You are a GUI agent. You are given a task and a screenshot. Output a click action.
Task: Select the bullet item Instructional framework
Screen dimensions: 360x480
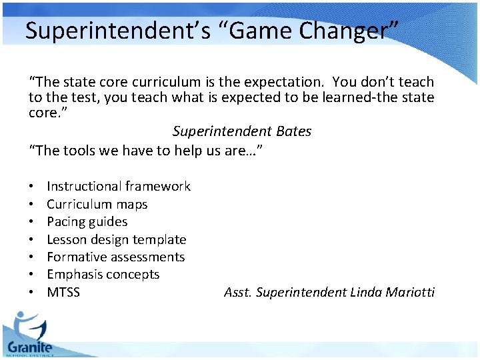(x=119, y=187)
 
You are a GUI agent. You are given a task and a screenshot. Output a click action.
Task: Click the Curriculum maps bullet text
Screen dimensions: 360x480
(x=97, y=204)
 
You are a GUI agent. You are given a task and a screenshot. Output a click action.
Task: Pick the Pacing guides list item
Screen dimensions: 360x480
(x=87, y=222)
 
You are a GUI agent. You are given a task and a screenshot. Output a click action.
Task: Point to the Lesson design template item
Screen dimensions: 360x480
(x=116, y=239)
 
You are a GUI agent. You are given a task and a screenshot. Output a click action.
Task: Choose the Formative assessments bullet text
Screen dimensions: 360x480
(x=115, y=257)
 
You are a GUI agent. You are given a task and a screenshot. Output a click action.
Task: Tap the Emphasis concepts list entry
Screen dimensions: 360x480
(x=103, y=274)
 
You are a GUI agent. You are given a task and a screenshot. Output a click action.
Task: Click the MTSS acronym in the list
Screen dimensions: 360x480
(x=63, y=292)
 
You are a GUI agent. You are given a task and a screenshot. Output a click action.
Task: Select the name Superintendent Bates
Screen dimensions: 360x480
(x=242, y=131)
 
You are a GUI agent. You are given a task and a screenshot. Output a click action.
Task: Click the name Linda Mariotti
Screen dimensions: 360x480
(x=392, y=292)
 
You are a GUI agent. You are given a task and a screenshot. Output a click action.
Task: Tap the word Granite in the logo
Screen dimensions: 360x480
(x=29, y=347)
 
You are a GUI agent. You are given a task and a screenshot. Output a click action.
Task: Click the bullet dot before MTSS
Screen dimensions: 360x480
(x=32, y=292)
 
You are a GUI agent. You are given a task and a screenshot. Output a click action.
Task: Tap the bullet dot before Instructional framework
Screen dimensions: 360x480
(x=32, y=187)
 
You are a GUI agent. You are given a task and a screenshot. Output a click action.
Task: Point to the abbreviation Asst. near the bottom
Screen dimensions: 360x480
(x=238, y=292)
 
